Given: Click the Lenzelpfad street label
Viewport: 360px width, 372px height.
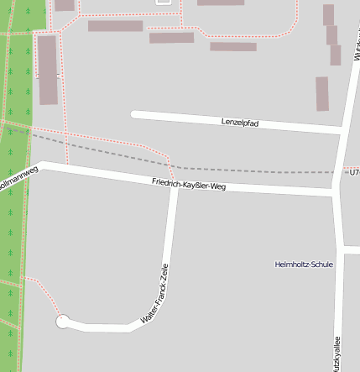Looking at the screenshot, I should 239,123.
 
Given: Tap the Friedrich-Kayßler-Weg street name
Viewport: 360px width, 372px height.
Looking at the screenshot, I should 189,185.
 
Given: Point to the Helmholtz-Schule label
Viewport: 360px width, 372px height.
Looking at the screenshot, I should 304,265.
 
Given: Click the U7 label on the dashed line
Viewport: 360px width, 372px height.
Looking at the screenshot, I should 354,172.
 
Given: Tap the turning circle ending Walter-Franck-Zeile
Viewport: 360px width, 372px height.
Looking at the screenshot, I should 62,321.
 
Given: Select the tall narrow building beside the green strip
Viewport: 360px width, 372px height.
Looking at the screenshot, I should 48,70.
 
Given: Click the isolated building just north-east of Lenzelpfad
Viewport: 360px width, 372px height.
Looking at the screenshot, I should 322,93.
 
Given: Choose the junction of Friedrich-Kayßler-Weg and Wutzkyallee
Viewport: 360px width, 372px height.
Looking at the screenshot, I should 337,193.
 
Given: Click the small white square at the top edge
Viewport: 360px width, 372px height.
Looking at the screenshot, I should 163,2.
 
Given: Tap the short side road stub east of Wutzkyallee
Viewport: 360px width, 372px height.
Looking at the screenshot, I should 352,249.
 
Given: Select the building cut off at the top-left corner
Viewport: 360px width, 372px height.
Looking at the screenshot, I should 64,4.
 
